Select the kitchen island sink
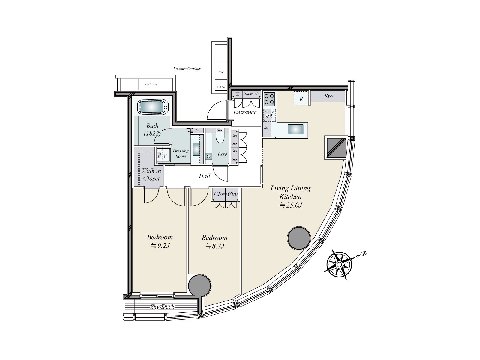coord(295,129)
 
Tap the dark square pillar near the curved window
coord(336,147)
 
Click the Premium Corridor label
coord(187,69)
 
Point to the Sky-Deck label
coord(162,307)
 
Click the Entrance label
coord(245,112)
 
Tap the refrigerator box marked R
coord(301,98)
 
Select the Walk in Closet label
coord(151,174)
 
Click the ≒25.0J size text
coord(290,205)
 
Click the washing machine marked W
coord(164,155)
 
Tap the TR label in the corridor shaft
coord(221,72)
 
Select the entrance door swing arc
coord(215,111)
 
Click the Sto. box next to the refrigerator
coord(329,97)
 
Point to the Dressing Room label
coord(181,153)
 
